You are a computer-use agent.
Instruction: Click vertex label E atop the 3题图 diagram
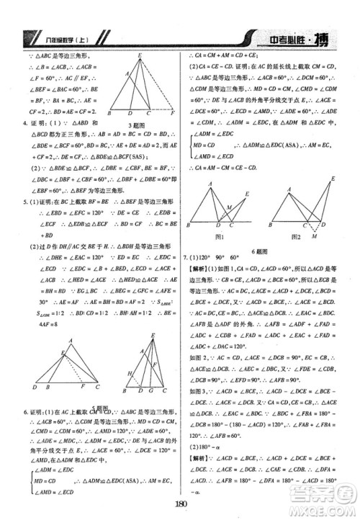(140, 55)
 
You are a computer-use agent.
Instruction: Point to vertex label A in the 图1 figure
(210, 185)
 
